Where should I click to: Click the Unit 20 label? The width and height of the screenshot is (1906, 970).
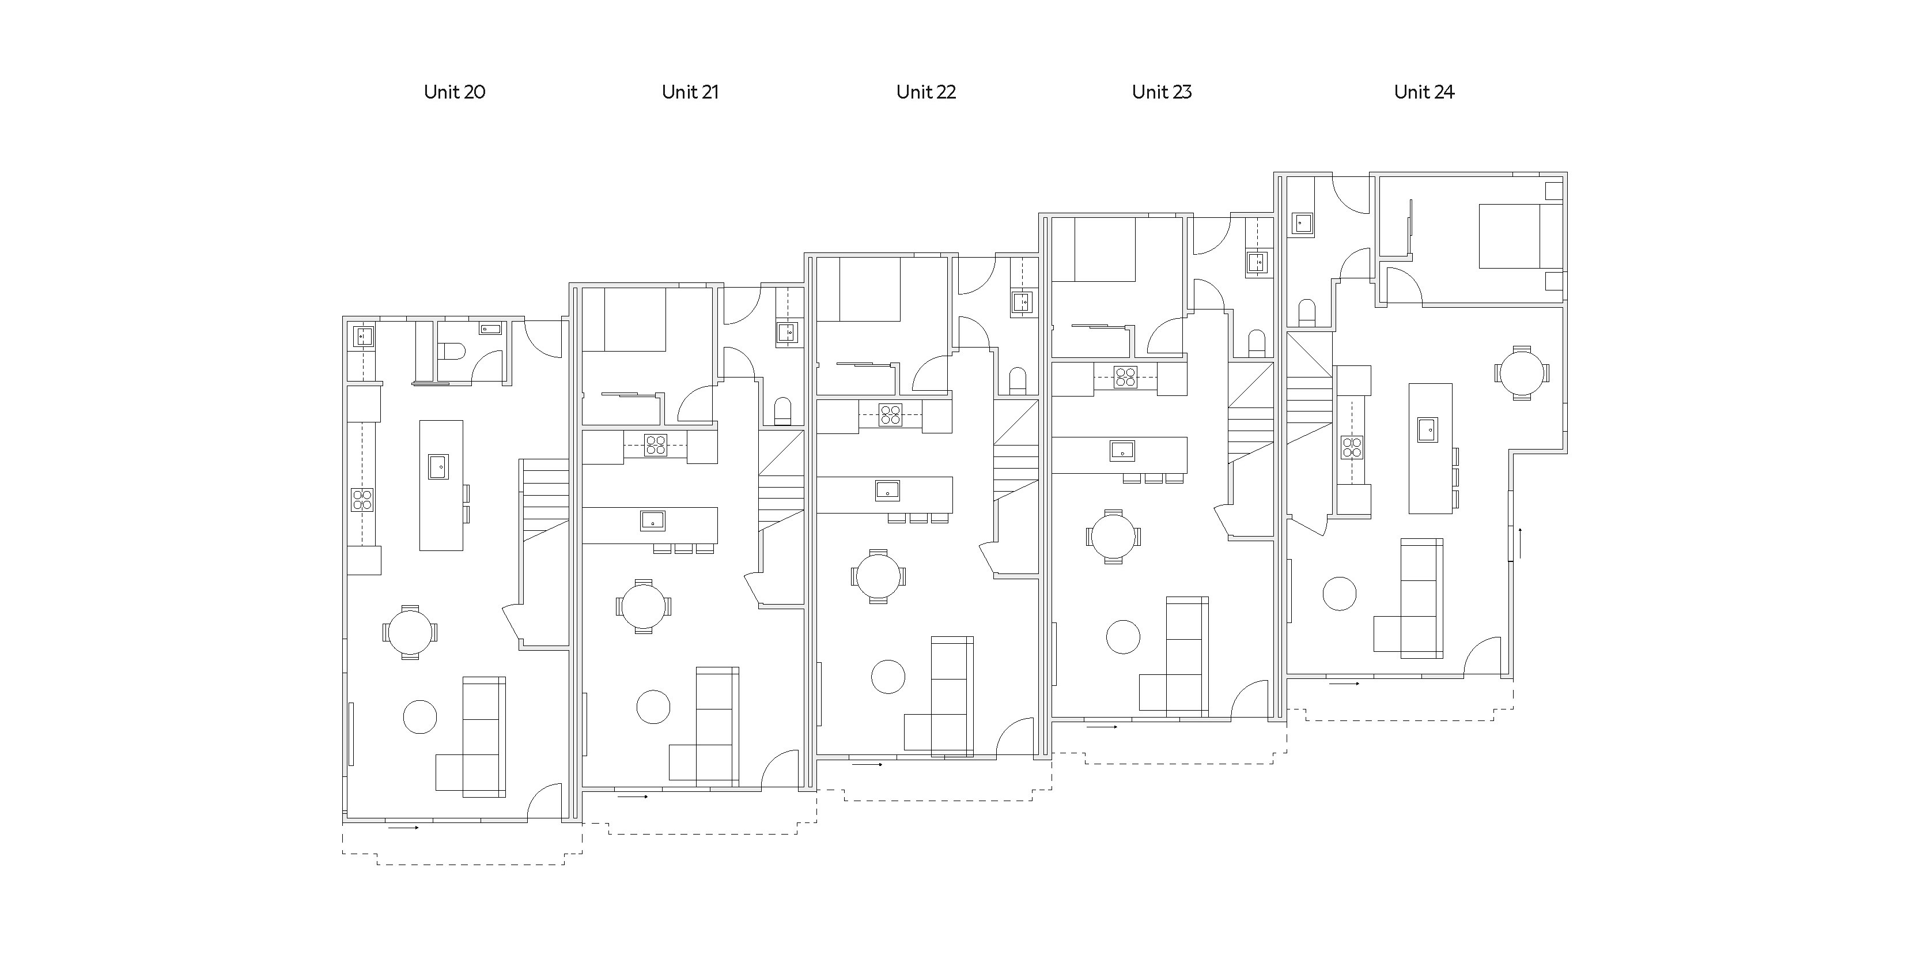click(x=454, y=92)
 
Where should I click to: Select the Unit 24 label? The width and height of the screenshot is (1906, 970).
click(x=1424, y=92)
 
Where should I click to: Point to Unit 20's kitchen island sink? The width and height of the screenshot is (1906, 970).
click(x=438, y=467)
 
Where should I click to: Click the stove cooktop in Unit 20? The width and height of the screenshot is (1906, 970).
click(x=362, y=500)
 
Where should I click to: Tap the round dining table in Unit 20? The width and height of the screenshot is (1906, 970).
click(x=410, y=632)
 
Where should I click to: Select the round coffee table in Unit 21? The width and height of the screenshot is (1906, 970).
click(x=653, y=707)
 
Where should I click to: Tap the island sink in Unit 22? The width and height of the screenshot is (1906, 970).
click(x=887, y=490)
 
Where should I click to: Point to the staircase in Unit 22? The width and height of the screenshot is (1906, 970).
click(x=1016, y=451)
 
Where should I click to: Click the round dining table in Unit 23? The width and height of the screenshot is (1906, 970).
click(x=1113, y=537)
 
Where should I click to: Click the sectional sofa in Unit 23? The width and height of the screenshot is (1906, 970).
click(x=1174, y=657)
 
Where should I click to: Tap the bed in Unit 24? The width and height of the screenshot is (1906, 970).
click(x=1521, y=236)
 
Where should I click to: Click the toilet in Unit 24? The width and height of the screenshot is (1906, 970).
click(x=1307, y=313)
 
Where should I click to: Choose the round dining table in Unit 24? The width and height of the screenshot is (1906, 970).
click(x=1521, y=373)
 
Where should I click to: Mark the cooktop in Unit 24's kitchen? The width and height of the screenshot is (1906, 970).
click(x=1352, y=448)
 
